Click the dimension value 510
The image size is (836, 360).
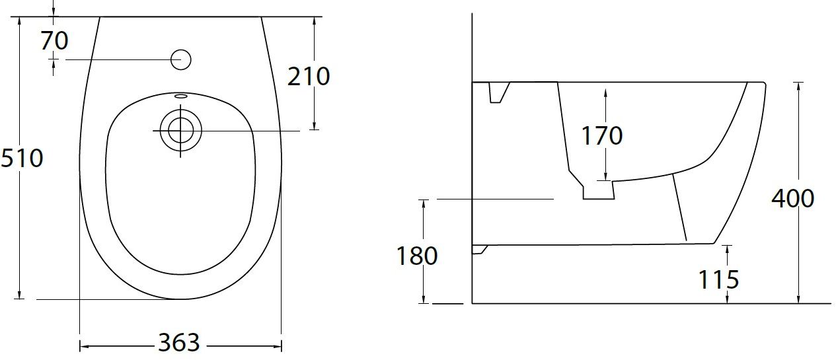point(21,159)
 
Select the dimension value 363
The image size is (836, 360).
point(178,343)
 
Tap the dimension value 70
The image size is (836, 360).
point(54,41)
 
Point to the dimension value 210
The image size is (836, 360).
point(309,77)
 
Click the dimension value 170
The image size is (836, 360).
point(602,135)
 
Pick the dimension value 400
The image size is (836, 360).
point(792,198)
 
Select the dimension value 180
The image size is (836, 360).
point(417,256)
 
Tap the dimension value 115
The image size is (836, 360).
point(719,279)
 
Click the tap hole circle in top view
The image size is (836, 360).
point(180,60)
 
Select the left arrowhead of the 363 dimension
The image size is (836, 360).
point(83,345)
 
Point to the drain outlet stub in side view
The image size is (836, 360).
point(597,191)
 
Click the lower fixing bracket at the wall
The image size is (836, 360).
point(479,250)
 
